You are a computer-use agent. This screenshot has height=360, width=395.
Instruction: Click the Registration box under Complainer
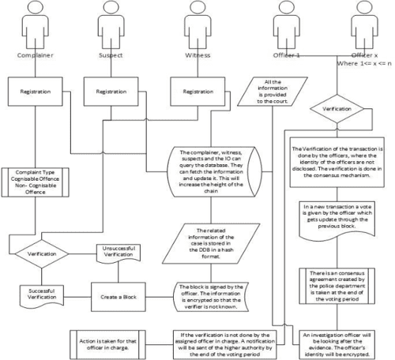(37, 92)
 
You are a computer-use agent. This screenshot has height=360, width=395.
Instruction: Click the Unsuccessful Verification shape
(118, 254)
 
